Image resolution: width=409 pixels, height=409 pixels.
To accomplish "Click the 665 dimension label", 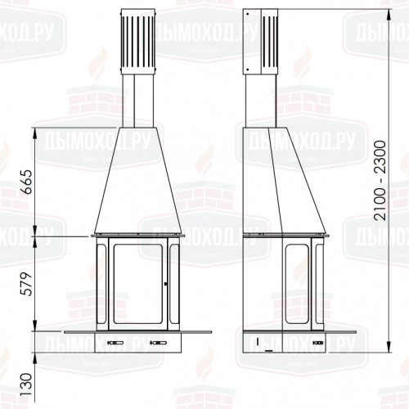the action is [x=28, y=182].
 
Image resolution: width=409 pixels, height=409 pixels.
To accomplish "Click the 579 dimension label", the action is [x=28, y=284].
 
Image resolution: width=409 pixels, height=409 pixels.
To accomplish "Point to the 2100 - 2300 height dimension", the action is [x=380, y=180].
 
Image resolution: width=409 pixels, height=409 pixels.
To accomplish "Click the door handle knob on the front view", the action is [x=166, y=285].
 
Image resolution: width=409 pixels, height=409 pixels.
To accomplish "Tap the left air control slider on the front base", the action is [x=115, y=343].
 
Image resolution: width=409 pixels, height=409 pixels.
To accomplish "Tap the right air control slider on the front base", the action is [x=158, y=343].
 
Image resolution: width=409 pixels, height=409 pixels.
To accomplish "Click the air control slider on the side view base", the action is [x=319, y=343].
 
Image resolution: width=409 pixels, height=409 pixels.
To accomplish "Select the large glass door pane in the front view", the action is [x=138, y=284].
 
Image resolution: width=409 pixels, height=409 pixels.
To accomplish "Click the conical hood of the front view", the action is [x=138, y=181].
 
